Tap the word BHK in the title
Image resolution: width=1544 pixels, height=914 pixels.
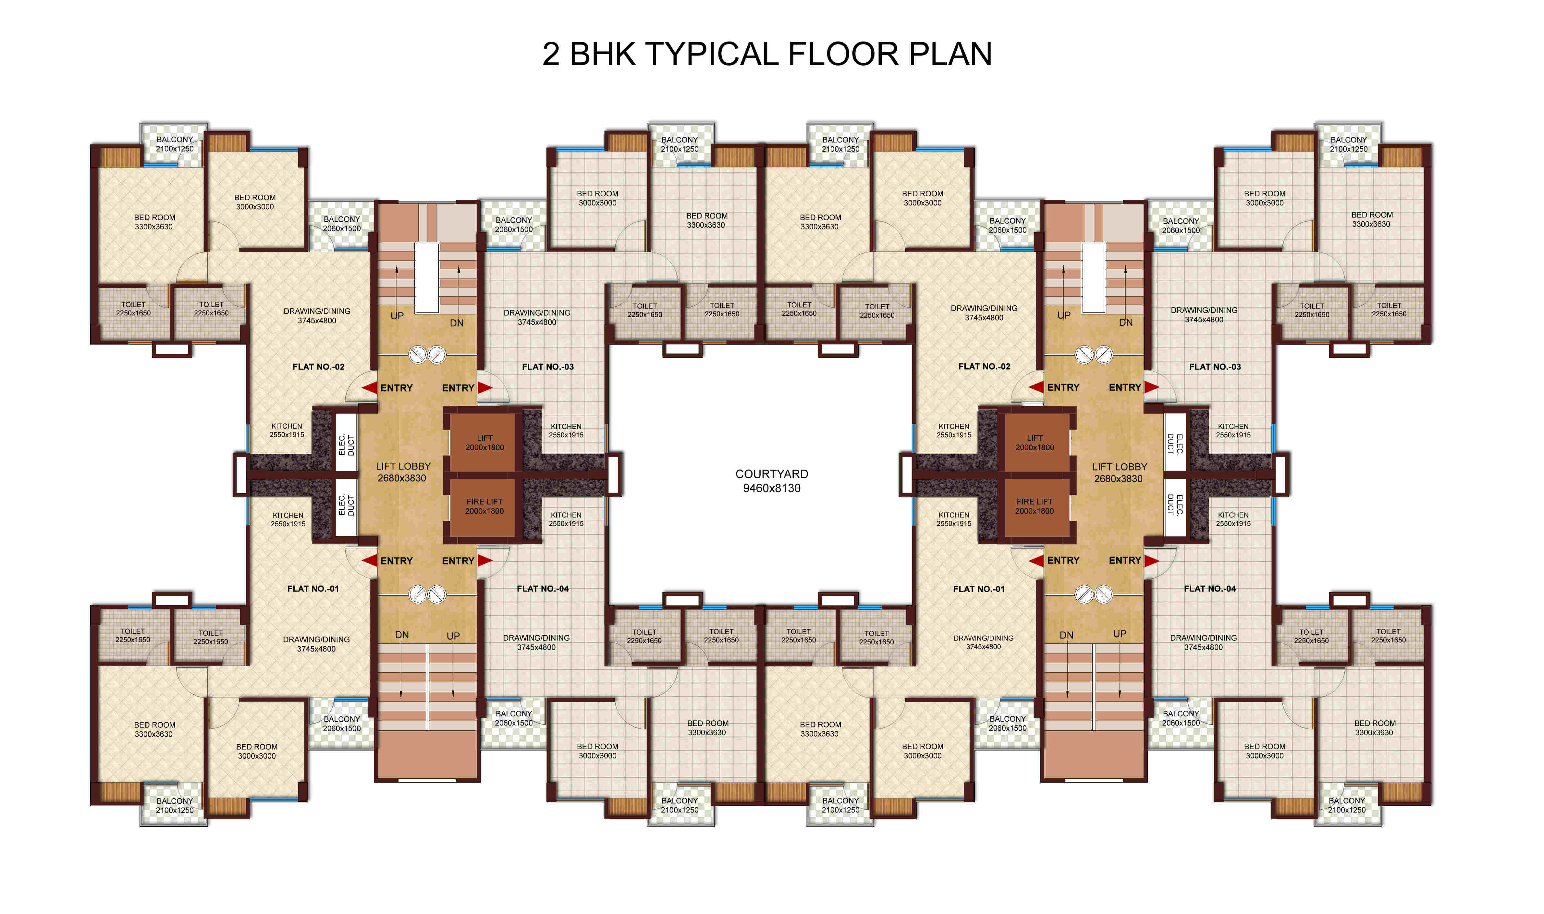[602, 54]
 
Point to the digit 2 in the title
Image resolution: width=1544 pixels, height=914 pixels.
[551, 54]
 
